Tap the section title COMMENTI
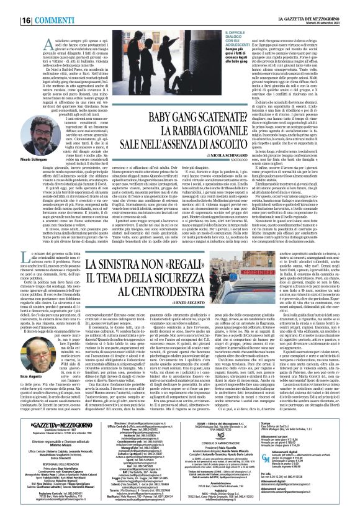click(x=38, y=6)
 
